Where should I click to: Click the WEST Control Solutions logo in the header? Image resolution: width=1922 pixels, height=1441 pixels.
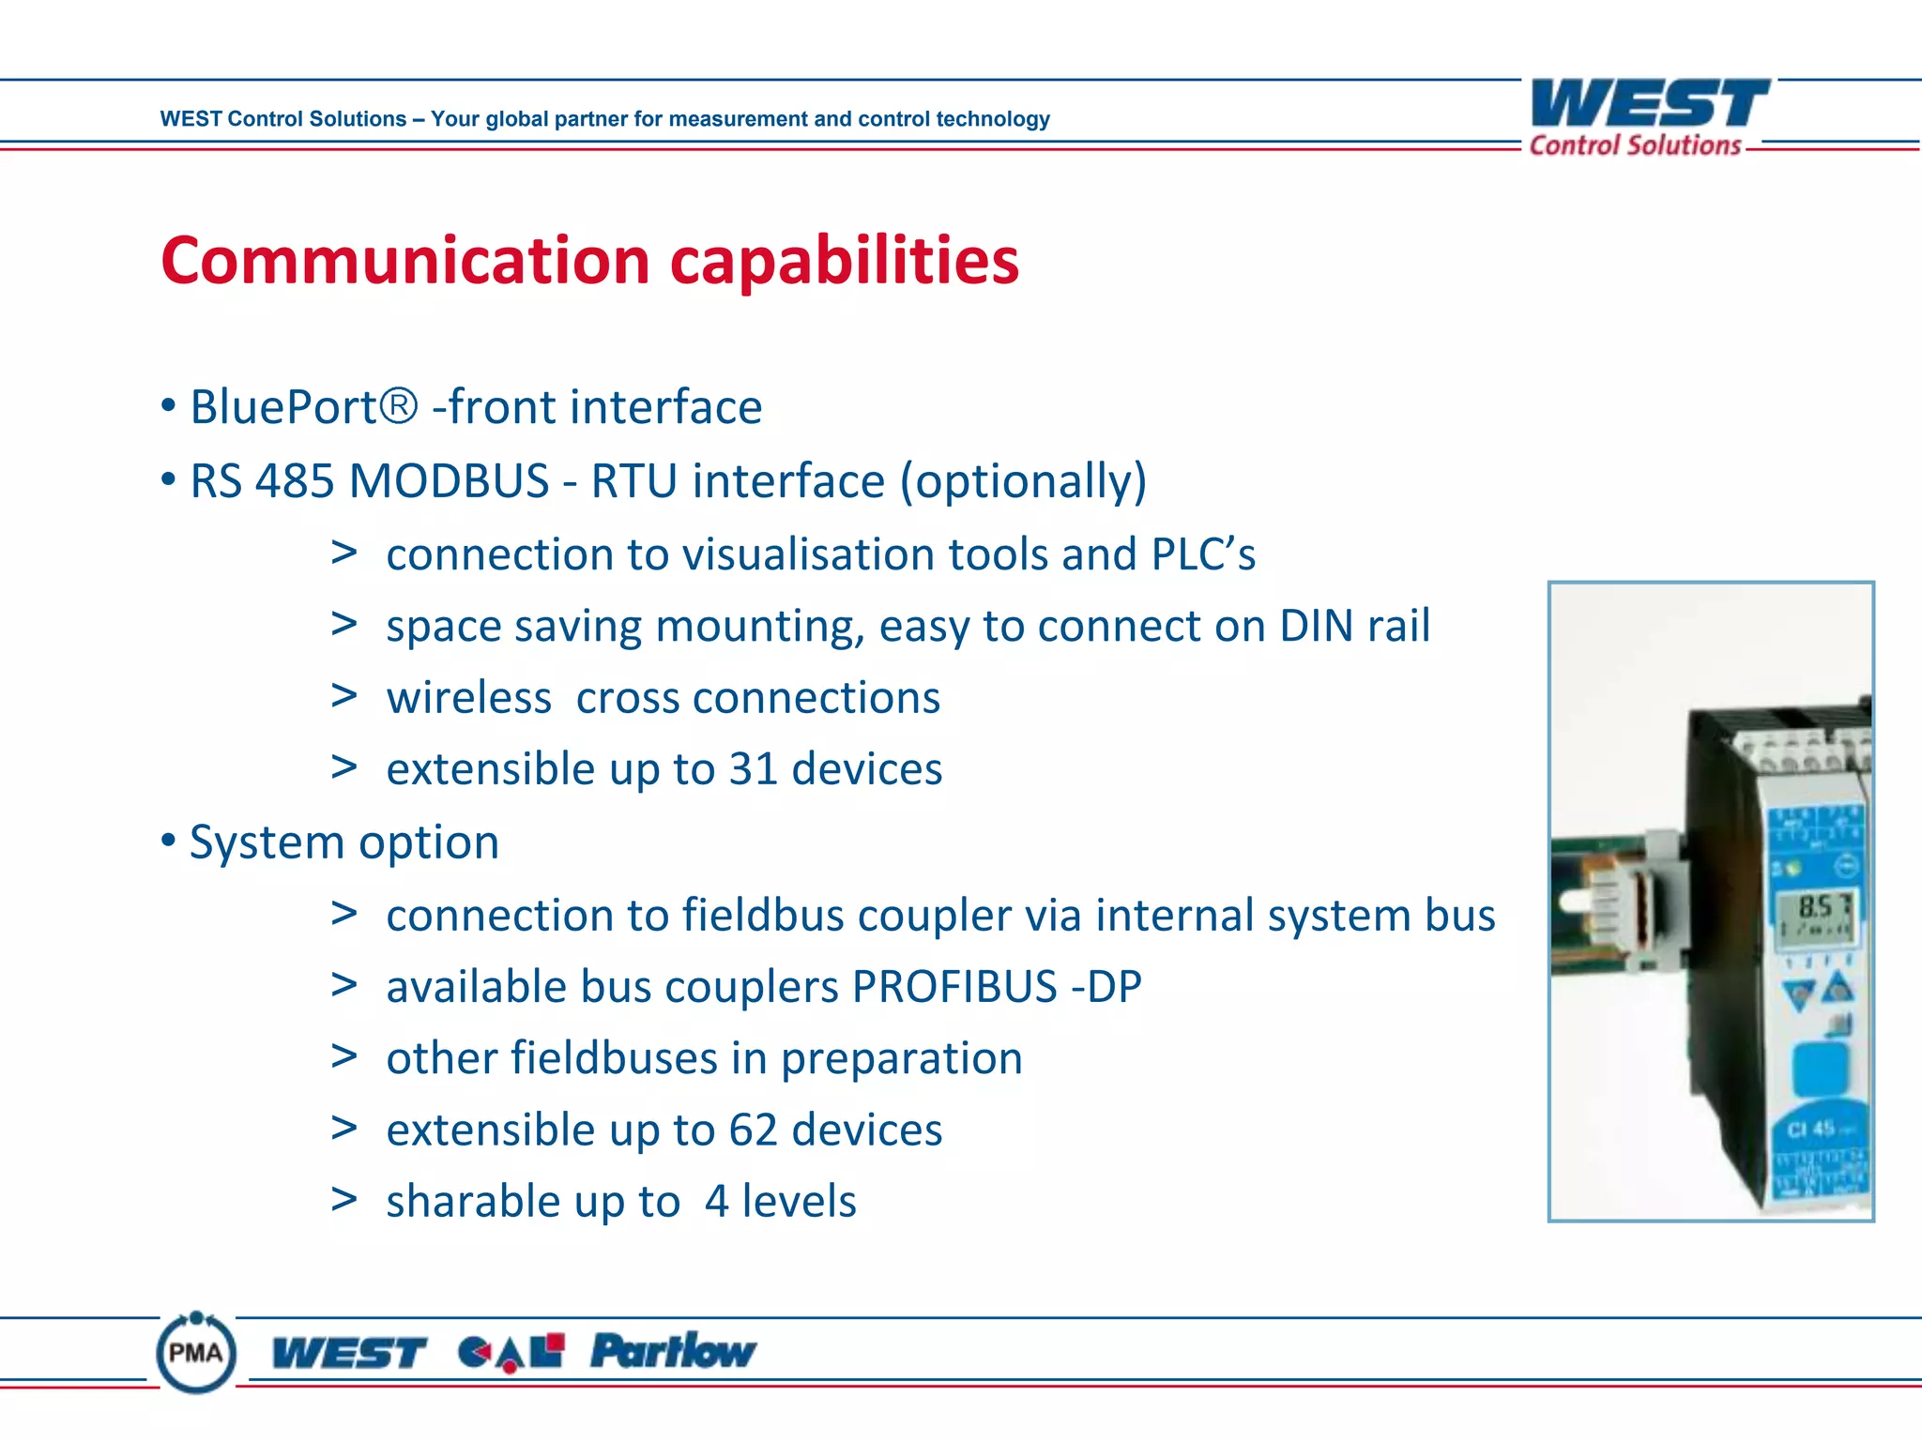(x=1650, y=117)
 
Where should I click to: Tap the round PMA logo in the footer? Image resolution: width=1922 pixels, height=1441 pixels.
(x=196, y=1353)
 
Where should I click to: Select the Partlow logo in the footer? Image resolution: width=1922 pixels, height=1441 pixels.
(x=673, y=1352)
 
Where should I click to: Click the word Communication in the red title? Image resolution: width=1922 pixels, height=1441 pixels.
(x=405, y=261)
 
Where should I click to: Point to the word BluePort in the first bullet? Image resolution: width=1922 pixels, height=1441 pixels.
(x=283, y=408)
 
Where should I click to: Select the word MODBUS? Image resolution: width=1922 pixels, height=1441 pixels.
(x=449, y=481)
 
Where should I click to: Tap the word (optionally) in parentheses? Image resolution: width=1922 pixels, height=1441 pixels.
(x=1023, y=482)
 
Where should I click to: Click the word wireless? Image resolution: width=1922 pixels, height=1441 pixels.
(x=469, y=698)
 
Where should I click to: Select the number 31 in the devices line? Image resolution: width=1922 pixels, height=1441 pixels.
(x=754, y=769)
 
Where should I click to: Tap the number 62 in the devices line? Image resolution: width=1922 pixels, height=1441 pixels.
(x=754, y=1130)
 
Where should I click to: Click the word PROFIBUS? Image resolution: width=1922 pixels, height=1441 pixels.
(x=954, y=987)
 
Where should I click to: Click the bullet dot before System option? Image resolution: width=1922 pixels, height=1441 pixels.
(x=168, y=841)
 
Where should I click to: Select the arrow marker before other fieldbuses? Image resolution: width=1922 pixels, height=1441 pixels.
(x=343, y=1056)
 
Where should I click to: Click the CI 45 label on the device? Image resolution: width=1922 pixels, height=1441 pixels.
(x=1811, y=1129)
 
